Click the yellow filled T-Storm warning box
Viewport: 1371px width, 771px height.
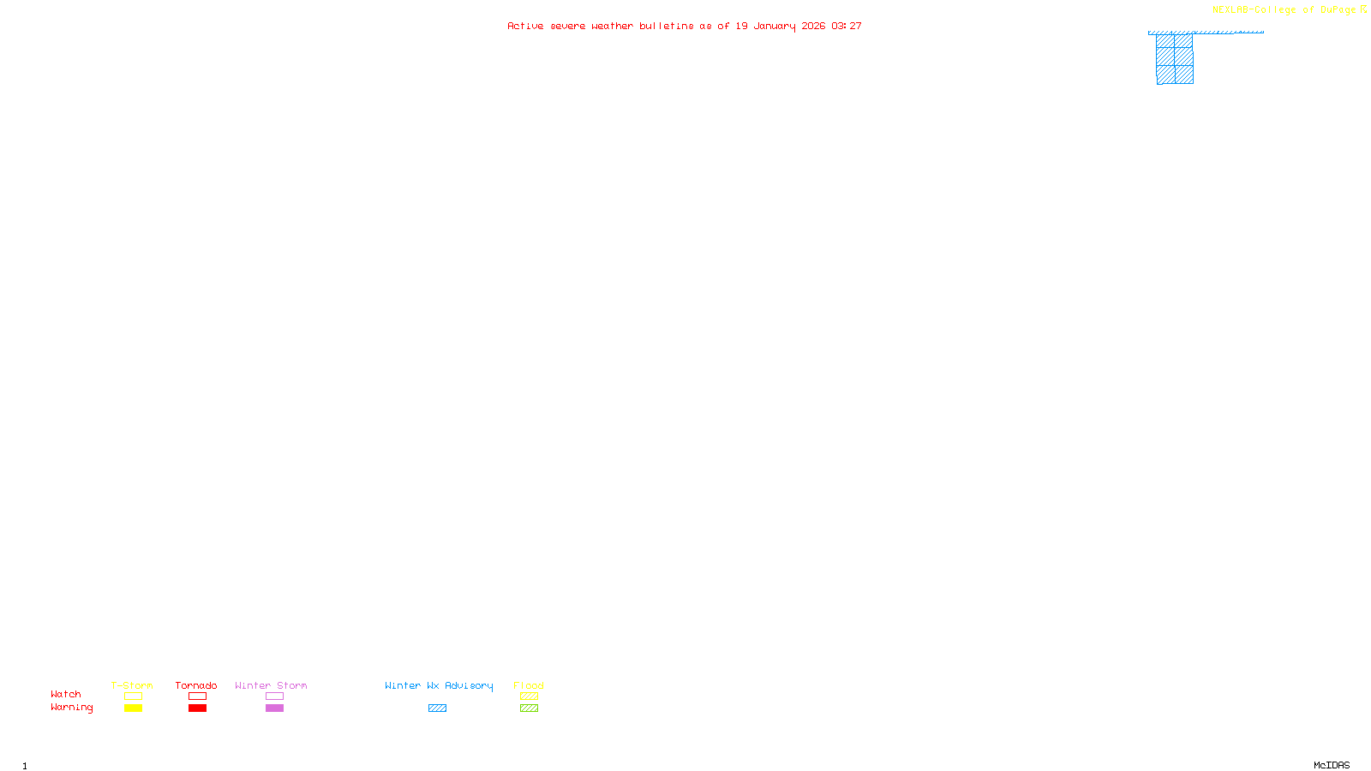(x=133, y=708)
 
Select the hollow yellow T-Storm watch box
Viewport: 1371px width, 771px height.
(x=133, y=696)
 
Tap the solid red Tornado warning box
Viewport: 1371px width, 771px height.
(x=197, y=708)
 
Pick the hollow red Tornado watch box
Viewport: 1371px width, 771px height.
(x=197, y=696)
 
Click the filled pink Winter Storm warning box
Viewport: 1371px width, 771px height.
(x=274, y=708)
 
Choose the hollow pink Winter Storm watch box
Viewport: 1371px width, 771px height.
(x=274, y=696)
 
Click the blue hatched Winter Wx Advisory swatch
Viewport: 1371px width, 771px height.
(x=437, y=708)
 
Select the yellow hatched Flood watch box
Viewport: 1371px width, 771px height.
(x=529, y=696)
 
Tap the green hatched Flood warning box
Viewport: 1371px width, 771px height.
(x=529, y=708)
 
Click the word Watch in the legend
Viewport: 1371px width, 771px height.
(x=66, y=695)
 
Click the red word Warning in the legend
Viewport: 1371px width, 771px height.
(x=72, y=708)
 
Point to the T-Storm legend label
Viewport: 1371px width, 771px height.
(x=132, y=685)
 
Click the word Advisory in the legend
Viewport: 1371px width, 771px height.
(x=469, y=685)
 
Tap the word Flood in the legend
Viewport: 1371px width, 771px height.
(x=529, y=685)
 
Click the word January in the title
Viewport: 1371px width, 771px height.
(x=775, y=26)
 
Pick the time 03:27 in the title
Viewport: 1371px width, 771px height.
(x=847, y=26)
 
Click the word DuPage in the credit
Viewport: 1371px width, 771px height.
(x=1338, y=10)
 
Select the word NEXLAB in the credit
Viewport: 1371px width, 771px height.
(x=1231, y=10)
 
